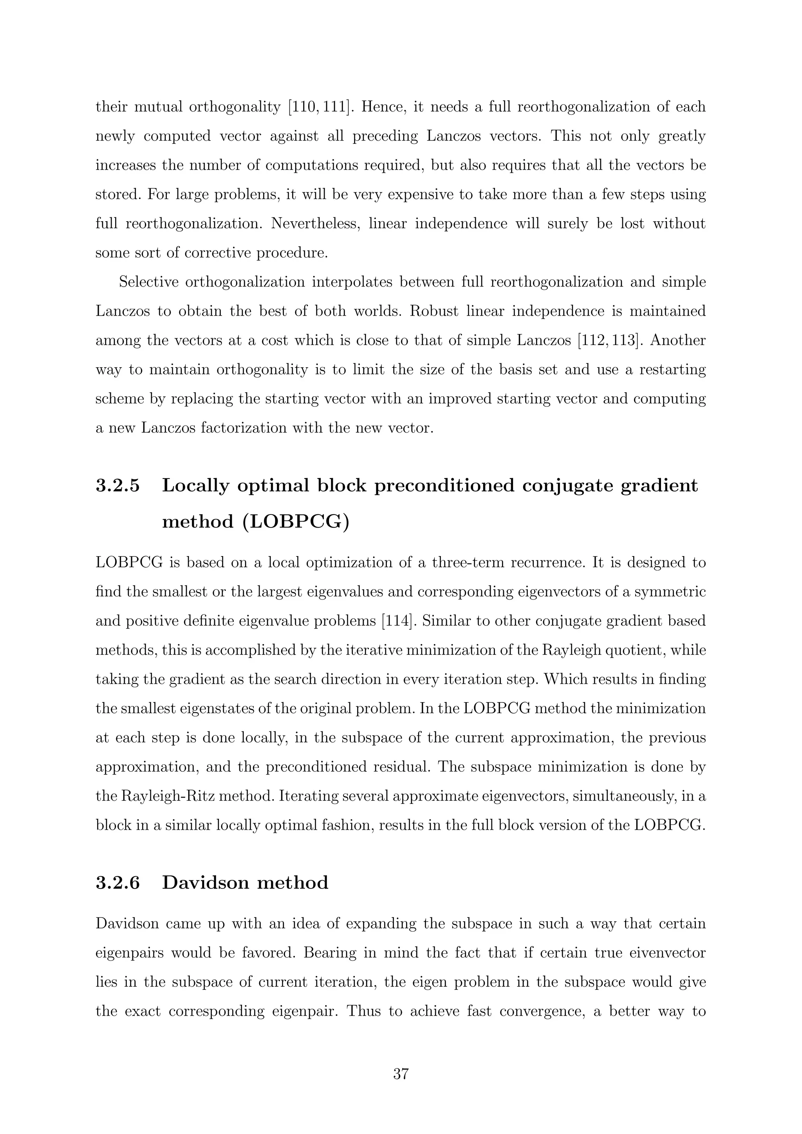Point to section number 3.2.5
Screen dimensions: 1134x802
pyautogui.click(x=117, y=486)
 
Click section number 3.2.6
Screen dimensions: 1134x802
pyautogui.click(x=117, y=882)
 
